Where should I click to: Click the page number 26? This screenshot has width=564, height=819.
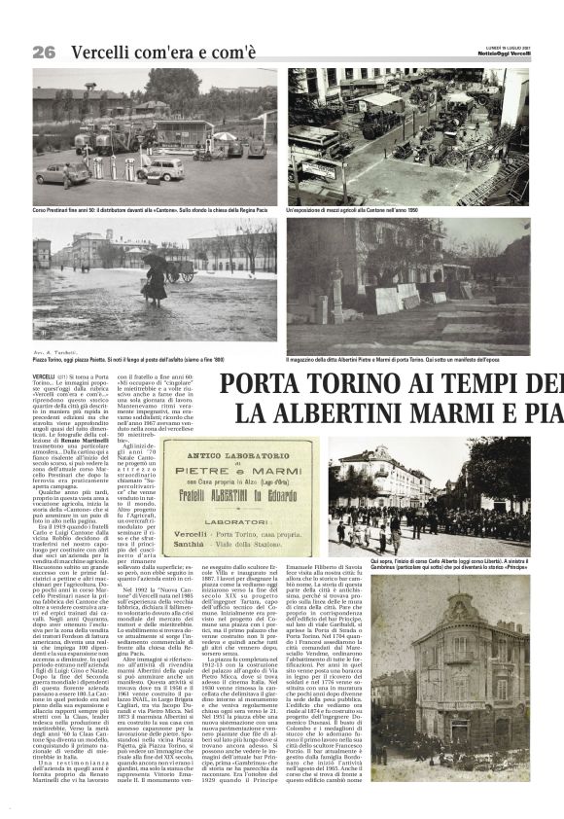point(44,52)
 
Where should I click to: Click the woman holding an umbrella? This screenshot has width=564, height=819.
point(154,281)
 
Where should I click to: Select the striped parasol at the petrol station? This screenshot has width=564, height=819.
point(226,137)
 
